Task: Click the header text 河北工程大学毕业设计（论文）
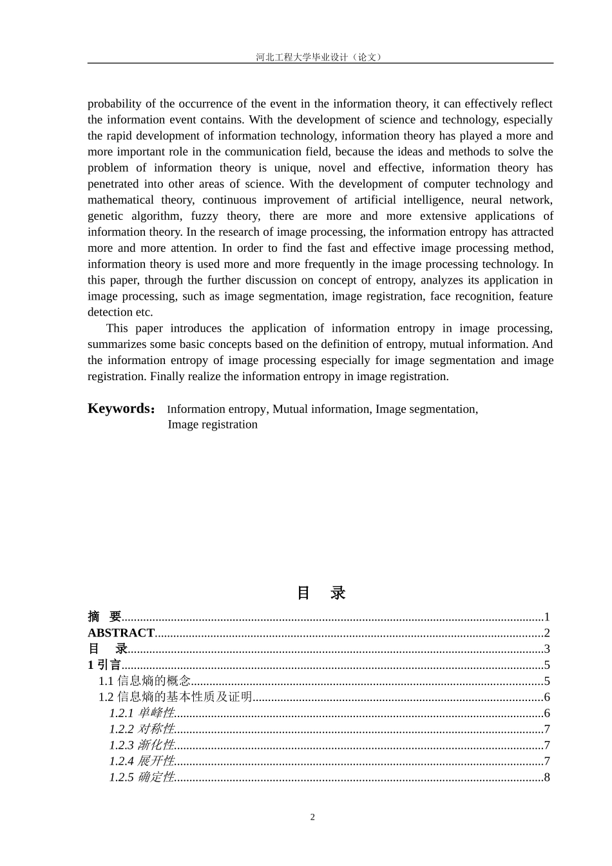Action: [320, 57]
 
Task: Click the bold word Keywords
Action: [120, 409]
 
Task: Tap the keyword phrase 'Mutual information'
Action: [321, 409]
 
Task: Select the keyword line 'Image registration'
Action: [213, 425]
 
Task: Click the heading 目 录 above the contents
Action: [321, 593]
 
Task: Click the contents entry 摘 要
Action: [105, 617]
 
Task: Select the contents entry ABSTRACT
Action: [121, 633]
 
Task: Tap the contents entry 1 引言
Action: [104, 665]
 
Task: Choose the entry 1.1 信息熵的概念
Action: [144, 681]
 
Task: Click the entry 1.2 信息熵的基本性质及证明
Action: [175, 697]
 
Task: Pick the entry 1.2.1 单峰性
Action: [142, 713]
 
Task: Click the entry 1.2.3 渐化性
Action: [142, 746]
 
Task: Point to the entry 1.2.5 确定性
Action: [142, 777]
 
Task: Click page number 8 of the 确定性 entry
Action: [547, 777]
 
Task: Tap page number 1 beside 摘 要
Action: [547, 617]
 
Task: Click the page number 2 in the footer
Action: [313, 818]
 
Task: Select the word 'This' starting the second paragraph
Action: [117, 329]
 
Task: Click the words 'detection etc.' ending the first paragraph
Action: [120, 313]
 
